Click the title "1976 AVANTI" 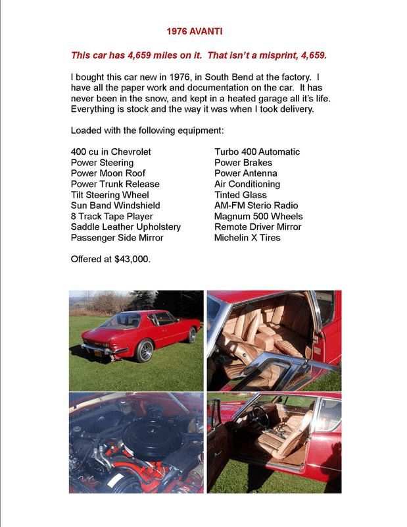[198, 31]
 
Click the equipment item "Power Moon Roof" [108, 173]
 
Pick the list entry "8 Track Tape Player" [112, 216]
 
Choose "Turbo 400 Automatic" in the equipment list [257, 152]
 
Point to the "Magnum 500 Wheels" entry [254, 216]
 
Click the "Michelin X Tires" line [247, 237]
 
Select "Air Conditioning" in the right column [247, 184]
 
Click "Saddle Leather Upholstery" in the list [126, 227]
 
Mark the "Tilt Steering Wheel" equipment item [110, 195]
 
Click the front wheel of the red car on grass [192, 335]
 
